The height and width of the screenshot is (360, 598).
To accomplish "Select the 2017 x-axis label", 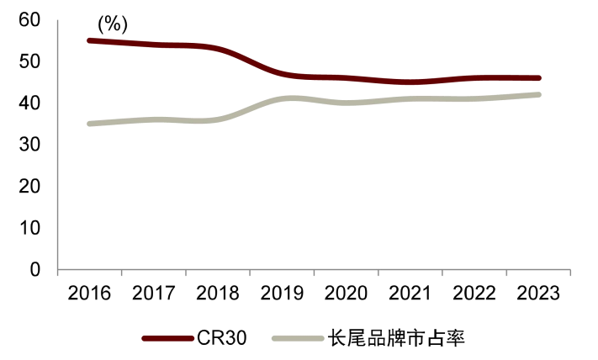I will (153, 294).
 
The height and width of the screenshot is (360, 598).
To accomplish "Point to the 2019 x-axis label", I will (282, 294).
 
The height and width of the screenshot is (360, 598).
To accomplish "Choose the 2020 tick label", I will (346, 294).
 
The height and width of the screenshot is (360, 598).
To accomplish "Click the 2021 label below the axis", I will (410, 294).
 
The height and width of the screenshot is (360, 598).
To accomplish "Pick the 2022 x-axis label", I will (474, 294).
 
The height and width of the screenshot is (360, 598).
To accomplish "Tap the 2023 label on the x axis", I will (538, 294).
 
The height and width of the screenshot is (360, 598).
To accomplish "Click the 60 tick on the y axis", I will (29, 20).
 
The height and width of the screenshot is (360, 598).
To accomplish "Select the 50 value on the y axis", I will (29, 61).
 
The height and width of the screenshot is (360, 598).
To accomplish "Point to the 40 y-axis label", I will (29, 103).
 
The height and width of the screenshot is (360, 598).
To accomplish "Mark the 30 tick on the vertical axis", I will (29, 145).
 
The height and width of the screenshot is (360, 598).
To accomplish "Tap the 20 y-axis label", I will (29, 187).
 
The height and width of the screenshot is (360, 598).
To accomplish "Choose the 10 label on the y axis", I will (29, 228).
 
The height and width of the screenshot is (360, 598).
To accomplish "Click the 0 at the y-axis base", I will (35, 270).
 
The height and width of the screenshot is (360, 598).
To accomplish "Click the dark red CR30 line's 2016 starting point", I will (89, 40).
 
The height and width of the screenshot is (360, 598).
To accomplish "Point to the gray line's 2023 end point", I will (538, 94).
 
